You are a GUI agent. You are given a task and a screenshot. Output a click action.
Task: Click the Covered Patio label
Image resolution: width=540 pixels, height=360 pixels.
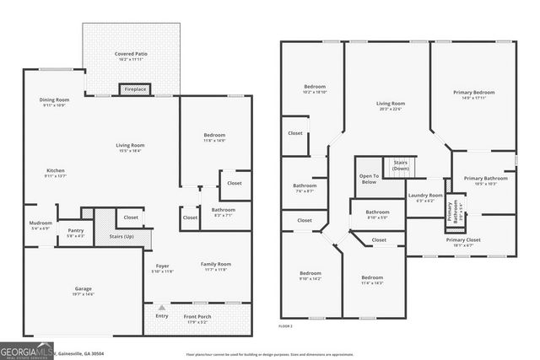132,55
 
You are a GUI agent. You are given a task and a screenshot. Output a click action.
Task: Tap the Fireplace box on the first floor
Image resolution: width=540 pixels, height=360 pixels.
135,89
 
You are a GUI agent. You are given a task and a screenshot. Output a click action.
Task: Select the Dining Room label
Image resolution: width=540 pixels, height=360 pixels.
54,100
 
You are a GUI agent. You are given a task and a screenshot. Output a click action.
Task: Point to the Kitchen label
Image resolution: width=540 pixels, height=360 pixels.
55,170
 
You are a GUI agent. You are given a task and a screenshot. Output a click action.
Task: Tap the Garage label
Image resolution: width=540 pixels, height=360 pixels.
83,289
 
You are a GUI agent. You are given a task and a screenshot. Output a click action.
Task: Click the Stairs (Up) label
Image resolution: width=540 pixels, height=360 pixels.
121,237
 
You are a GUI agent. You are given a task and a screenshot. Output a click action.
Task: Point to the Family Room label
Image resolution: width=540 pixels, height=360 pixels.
216,264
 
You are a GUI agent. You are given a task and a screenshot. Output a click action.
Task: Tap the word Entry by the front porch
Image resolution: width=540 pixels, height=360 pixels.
161,316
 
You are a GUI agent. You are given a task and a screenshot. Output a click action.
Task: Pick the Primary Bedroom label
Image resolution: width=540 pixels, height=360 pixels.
477,92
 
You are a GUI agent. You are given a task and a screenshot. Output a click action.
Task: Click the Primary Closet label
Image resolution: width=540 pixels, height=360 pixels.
463,239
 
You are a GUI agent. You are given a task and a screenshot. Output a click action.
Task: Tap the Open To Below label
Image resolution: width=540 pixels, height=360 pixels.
368,178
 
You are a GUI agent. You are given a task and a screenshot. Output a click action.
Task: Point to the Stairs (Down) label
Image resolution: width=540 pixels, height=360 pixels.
400,165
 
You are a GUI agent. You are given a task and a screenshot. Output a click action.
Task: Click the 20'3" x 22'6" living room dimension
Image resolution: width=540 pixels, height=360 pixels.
390,108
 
